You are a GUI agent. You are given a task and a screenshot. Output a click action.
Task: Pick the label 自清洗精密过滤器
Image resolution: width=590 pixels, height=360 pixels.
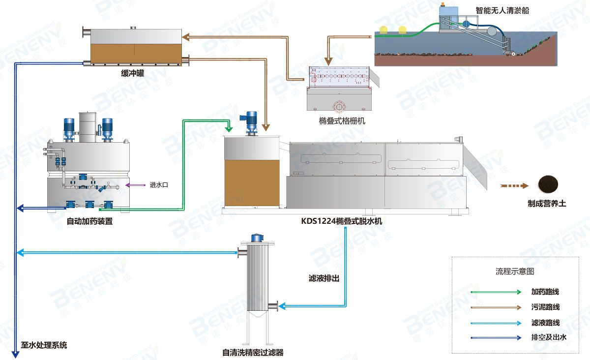pyautogui.click(x=253, y=352)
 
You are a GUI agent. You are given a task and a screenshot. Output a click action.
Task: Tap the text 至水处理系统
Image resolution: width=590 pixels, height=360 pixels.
pyautogui.click(x=44, y=345)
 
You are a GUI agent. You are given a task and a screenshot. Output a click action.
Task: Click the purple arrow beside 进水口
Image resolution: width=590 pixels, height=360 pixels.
pyautogui.click(x=135, y=185)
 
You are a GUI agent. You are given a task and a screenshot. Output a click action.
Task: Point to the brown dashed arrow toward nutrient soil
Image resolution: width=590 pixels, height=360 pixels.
pyautogui.click(x=514, y=186)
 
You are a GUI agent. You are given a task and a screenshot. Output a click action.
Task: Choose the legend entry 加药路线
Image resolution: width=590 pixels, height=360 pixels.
pyautogui.click(x=545, y=292)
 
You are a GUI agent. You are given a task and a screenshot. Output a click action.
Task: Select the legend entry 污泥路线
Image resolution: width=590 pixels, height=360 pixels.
pyautogui.click(x=545, y=307)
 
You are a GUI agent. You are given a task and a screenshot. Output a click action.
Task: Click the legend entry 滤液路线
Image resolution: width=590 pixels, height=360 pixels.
pyautogui.click(x=545, y=323)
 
